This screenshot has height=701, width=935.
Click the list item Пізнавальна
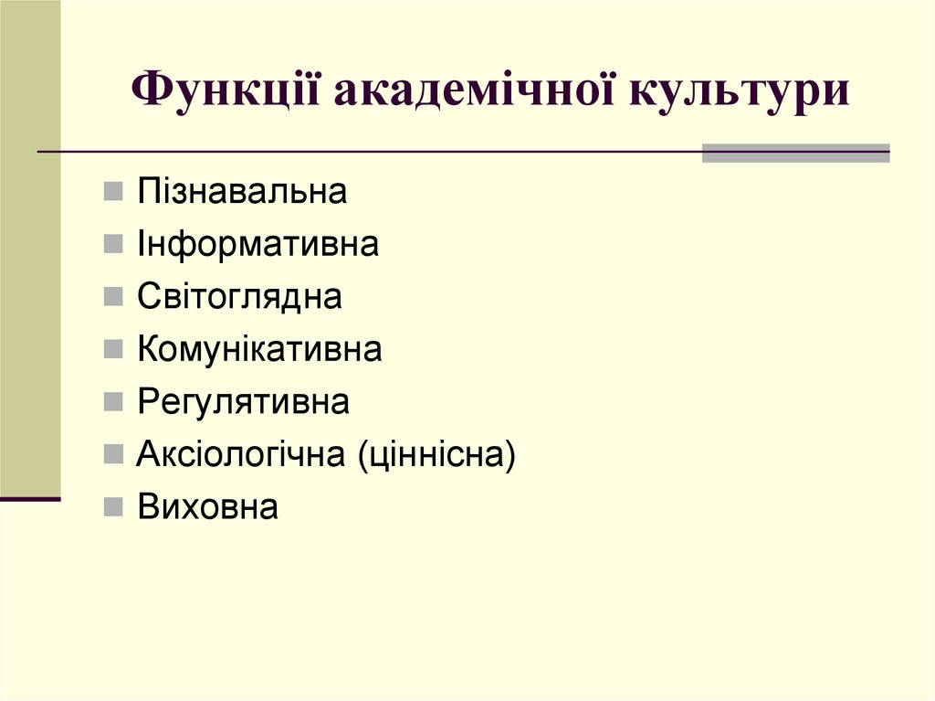(x=242, y=192)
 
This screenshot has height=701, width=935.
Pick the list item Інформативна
(x=257, y=244)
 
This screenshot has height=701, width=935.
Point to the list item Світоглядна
(x=239, y=297)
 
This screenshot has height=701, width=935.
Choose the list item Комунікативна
(x=259, y=349)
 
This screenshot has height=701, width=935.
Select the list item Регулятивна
(x=243, y=402)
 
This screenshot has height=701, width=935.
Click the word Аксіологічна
(x=240, y=454)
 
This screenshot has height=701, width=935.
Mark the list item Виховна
(x=207, y=506)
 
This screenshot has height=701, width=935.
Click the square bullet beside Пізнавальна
(x=112, y=193)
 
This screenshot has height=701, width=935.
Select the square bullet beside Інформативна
(x=112, y=245)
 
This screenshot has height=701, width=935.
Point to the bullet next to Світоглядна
(x=112, y=298)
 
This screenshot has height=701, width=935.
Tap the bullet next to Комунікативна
(x=112, y=350)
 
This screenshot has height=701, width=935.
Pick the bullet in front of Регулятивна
(x=112, y=402)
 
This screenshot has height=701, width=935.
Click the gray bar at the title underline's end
(x=795, y=153)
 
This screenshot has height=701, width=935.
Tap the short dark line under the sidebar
(x=30, y=499)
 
